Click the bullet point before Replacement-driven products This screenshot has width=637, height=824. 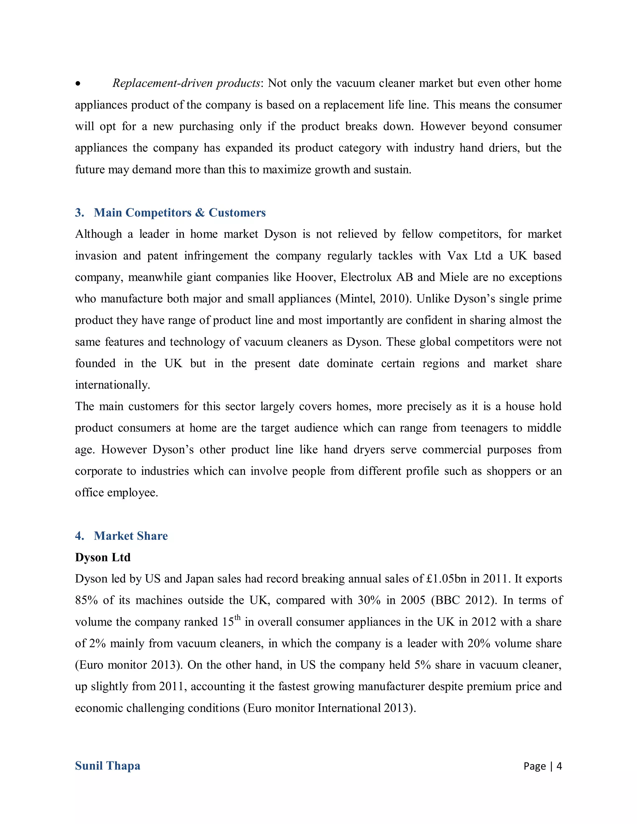78,84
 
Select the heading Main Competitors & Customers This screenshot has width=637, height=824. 180,212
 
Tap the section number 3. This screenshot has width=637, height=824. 79,212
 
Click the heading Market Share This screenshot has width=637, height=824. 131,536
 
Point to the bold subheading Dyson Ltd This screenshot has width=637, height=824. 103,557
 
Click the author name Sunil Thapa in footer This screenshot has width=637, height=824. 108,766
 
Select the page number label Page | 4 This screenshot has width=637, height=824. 542,766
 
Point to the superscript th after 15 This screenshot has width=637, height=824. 237,618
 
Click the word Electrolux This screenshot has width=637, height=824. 366,277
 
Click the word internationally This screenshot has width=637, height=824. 113,385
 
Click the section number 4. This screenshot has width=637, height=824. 79,536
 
